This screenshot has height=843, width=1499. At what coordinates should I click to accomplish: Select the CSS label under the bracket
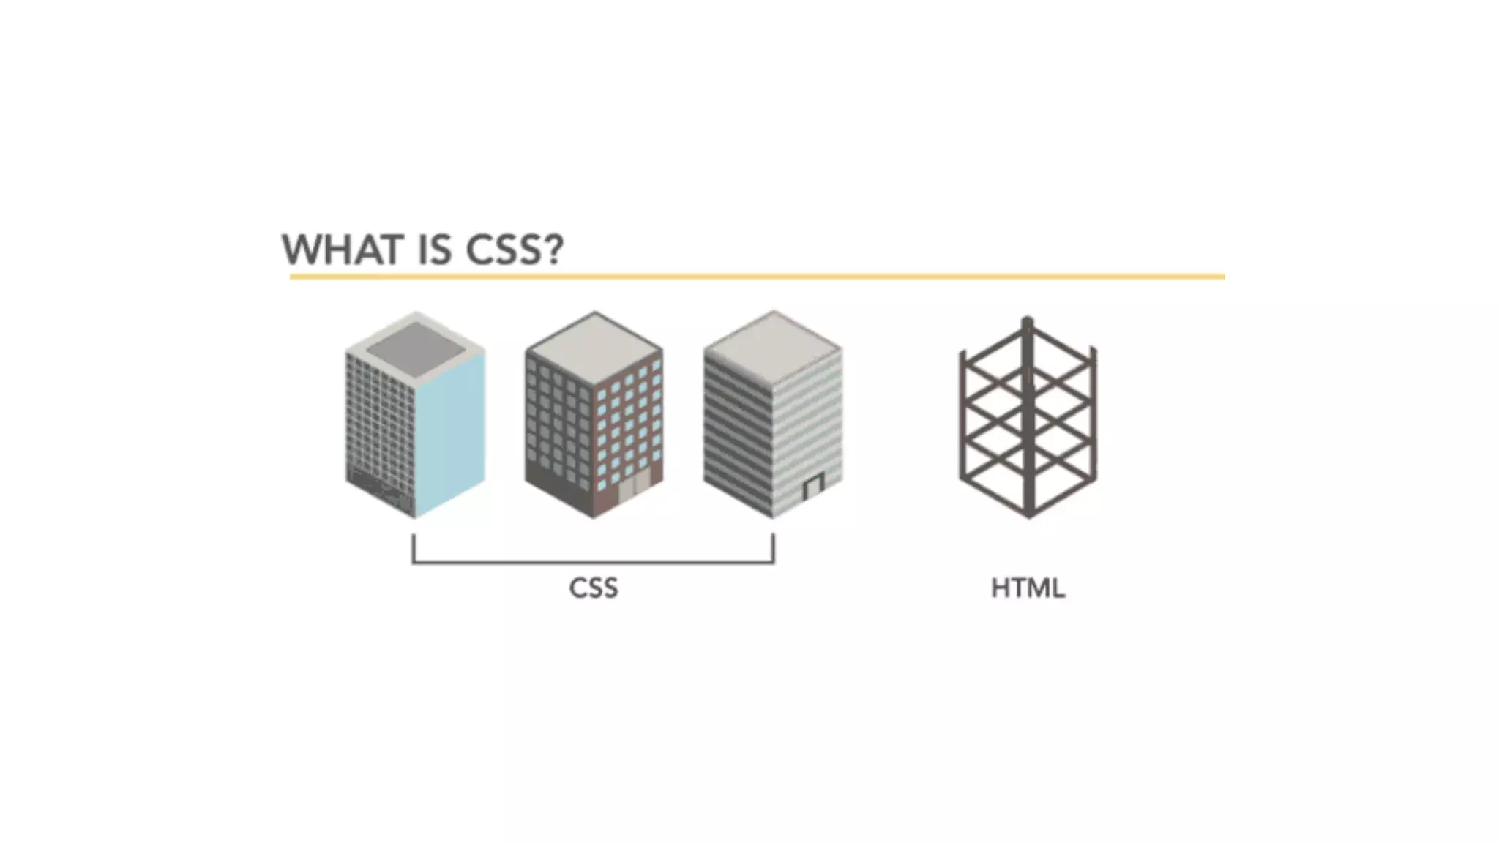pos(594,588)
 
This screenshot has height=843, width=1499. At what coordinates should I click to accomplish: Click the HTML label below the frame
pos(1028,588)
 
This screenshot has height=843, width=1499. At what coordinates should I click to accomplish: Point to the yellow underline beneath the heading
pos(757,277)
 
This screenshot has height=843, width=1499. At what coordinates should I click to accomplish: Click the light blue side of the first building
pos(450,432)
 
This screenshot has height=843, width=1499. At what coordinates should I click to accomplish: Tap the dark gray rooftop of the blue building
pos(416,351)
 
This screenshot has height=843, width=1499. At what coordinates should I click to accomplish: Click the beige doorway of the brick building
pos(634,487)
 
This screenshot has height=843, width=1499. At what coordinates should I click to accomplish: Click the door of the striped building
pos(813,486)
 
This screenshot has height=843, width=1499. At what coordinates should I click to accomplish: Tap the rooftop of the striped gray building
pos(774,346)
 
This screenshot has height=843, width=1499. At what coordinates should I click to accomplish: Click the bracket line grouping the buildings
pos(594,563)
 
